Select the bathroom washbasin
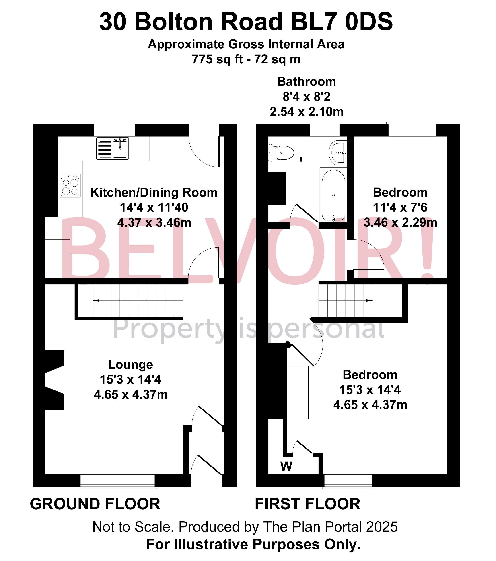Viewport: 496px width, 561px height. pos(339,152)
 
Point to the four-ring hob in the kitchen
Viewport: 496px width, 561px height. pos(70,185)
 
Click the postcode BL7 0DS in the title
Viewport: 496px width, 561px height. pos(342,22)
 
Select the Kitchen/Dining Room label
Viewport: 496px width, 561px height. pos(154,193)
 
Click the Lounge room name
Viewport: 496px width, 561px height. pos(131,365)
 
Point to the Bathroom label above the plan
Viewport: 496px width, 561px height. pos(306,82)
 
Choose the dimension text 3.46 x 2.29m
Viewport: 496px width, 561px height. pos(400,223)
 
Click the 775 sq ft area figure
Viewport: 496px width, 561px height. pos(217,59)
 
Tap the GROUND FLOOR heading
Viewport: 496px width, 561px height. pos(95,504)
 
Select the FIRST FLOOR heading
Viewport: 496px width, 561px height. pos(307,504)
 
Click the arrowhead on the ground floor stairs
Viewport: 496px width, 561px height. pos(96,301)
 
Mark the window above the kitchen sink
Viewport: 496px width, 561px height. pos(114,130)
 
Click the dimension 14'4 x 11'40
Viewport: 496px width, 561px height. pos(154,208)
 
